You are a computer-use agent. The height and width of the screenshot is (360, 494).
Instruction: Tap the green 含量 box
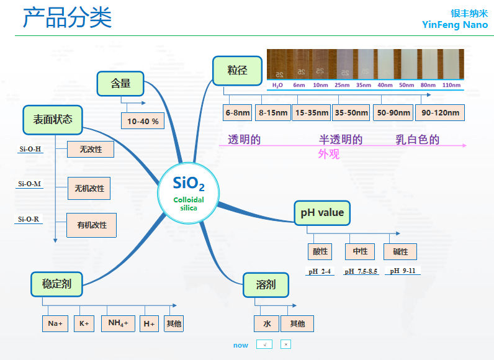click(x=121, y=84)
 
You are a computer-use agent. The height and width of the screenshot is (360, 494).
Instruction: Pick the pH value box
click(x=322, y=213)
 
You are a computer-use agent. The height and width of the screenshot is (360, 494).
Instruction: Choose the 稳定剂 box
click(x=56, y=284)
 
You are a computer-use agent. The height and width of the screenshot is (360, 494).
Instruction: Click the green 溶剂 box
click(x=266, y=285)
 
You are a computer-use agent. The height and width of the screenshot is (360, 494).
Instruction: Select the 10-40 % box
click(x=142, y=120)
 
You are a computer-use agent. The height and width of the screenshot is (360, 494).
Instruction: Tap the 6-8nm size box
click(x=238, y=112)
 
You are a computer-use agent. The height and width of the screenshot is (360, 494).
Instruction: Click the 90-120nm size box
click(x=440, y=112)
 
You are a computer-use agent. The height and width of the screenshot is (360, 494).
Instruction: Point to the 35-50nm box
click(x=351, y=112)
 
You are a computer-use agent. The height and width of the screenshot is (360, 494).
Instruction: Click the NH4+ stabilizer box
click(x=118, y=323)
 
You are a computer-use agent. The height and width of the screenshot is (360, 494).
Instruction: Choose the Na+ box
click(x=56, y=323)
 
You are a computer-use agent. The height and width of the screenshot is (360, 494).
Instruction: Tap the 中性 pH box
click(x=360, y=251)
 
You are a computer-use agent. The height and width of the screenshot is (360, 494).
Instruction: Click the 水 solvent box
click(x=266, y=323)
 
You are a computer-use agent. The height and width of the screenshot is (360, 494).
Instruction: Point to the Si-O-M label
click(x=30, y=184)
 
